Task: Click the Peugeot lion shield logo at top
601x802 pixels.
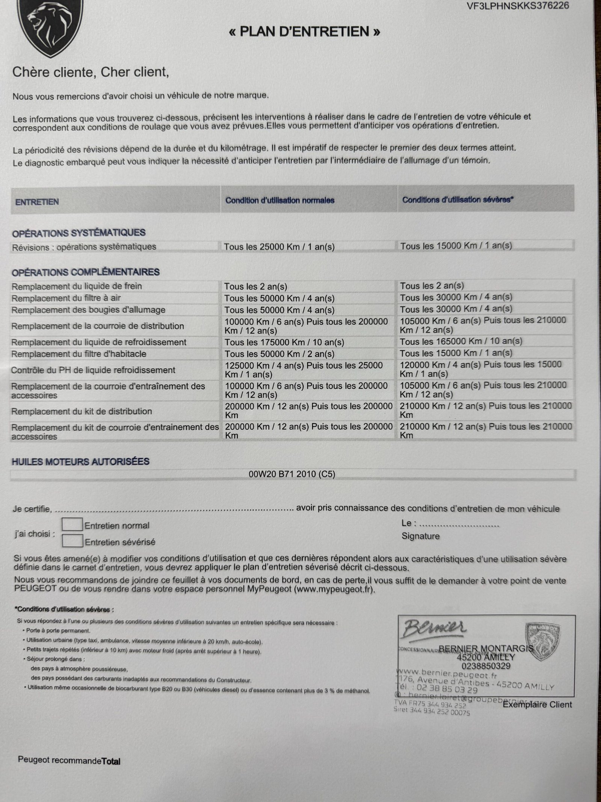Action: [x=50, y=26]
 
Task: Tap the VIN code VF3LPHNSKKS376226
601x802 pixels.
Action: [x=518, y=6]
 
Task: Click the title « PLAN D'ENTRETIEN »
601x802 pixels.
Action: [x=304, y=32]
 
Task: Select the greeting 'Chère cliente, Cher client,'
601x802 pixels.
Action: [x=91, y=71]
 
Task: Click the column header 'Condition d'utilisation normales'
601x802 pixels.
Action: [x=280, y=200]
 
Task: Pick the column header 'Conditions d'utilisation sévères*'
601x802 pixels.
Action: [x=458, y=200]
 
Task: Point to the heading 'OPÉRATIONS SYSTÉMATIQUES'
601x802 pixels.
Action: [x=79, y=233]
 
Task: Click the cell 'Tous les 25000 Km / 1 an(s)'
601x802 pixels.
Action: [x=279, y=247]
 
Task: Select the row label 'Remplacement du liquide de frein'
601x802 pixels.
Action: [x=77, y=287]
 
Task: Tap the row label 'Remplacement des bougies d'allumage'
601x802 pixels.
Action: [x=88, y=310]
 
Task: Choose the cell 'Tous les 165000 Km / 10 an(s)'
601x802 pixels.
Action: [x=461, y=341]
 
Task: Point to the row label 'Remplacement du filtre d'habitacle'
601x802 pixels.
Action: [x=79, y=354]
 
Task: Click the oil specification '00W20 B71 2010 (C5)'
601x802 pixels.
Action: [x=292, y=474]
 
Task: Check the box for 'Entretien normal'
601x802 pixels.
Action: [x=72, y=525]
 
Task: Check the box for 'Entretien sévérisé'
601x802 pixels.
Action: [x=72, y=541]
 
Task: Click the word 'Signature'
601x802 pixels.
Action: [x=420, y=536]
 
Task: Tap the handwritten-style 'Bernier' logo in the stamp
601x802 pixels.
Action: [x=435, y=628]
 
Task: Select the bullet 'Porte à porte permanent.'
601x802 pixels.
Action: [x=58, y=631]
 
